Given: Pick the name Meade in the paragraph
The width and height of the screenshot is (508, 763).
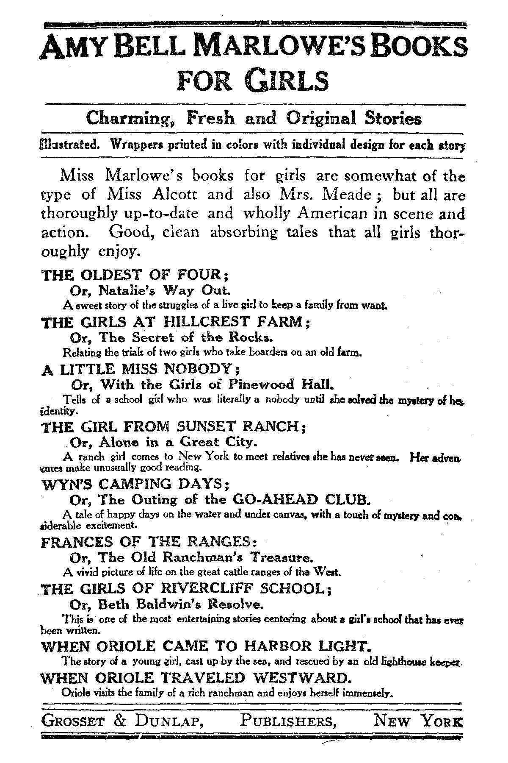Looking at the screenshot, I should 347,195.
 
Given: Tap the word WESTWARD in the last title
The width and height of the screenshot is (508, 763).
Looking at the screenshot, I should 301,678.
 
